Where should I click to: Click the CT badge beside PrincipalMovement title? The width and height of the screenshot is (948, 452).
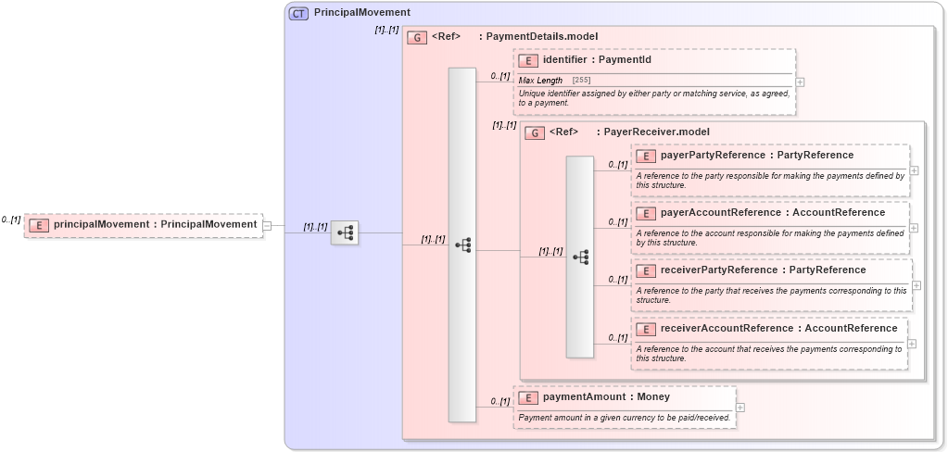click(x=298, y=14)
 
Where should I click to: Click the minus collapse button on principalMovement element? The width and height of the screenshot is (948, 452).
click(x=267, y=224)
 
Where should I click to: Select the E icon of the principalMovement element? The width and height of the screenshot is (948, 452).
click(x=39, y=224)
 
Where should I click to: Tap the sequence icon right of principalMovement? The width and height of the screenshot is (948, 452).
click(x=345, y=233)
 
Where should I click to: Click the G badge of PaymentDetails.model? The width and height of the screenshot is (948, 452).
click(x=417, y=37)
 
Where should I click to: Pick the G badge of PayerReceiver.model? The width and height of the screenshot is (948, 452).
click(x=535, y=132)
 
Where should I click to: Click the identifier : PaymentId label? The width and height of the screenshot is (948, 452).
click(x=597, y=60)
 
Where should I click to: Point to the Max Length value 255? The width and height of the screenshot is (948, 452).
click(x=581, y=81)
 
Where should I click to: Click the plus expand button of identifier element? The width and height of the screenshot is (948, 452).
click(x=800, y=82)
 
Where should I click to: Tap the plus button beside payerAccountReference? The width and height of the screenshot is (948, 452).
click(x=914, y=228)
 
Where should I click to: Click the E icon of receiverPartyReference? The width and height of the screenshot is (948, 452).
click(x=646, y=270)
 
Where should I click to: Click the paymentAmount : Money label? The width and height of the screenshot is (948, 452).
click(x=606, y=397)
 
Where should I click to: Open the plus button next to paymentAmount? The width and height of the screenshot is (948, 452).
click(x=740, y=407)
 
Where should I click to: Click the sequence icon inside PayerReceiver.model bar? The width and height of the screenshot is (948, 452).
click(x=580, y=257)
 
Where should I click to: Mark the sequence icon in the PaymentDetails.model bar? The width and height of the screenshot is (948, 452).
click(x=462, y=245)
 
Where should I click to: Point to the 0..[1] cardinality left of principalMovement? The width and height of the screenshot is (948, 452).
click(x=11, y=220)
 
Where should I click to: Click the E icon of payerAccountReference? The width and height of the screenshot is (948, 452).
click(x=646, y=213)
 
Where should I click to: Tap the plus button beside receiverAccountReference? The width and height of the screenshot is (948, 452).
click(x=912, y=344)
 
